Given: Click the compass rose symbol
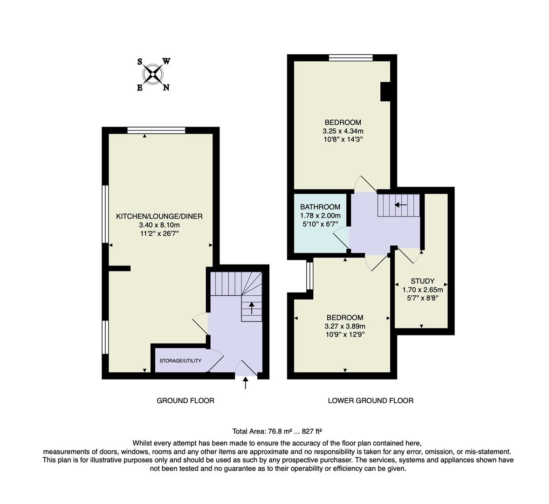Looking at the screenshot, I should pyautogui.click(x=153, y=74).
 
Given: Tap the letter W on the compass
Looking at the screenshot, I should pyautogui.click(x=166, y=61).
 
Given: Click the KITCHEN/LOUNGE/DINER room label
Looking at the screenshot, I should pyautogui.click(x=159, y=216).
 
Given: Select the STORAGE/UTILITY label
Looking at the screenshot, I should pyautogui.click(x=180, y=361).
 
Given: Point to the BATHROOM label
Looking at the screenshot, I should pyautogui.click(x=320, y=207).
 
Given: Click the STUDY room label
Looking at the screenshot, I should pyautogui.click(x=422, y=281).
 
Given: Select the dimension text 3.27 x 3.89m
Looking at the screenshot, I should pyautogui.click(x=345, y=326).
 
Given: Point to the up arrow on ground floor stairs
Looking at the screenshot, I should pyautogui.click(x=252, y=308).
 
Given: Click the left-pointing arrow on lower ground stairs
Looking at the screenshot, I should pyautogui.click(x=400, y=204).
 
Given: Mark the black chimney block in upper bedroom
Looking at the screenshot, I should pyautogui.click(x=385, y=91).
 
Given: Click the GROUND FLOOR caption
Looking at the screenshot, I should pyautogui.click(x=185, y=400).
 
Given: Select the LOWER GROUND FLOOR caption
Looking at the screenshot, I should pyautogui.click(x=371, y=400).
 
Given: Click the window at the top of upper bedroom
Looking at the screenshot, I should pyautogui.click(x=350, y=58).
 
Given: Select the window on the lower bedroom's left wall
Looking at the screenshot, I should pyautogui.click(x=309, y=275).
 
